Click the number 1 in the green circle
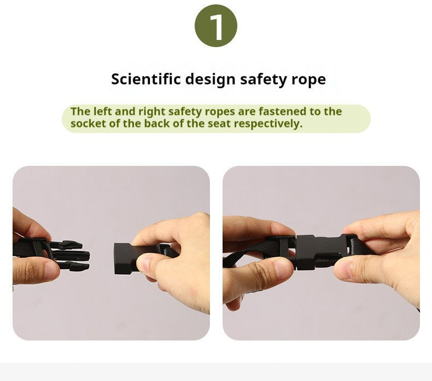tap(216, 26)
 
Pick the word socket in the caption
tap(87, 123)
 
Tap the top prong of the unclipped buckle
tap(70, 245)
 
